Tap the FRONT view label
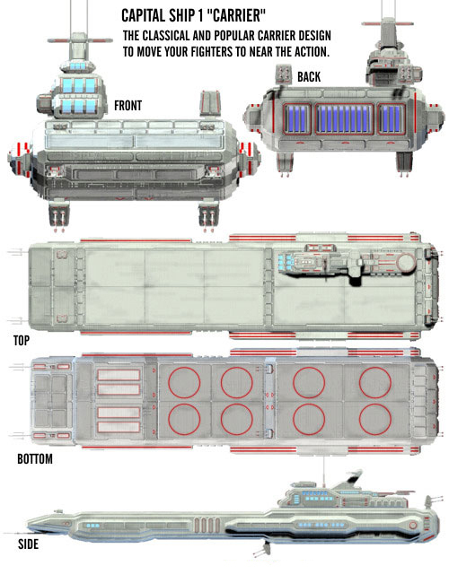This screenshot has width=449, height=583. click(128, 106)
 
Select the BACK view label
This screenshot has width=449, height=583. click(309, 77)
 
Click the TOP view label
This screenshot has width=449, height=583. click(22, 340)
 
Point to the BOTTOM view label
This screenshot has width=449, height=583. click(35, 459)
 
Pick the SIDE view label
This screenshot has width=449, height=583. click(29, 544)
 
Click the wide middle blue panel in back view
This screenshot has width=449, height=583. click(344, 119)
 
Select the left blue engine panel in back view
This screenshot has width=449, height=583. click(296, 119)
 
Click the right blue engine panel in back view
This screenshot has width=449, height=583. click(392, 119)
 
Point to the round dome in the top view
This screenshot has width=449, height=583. click(405, 262)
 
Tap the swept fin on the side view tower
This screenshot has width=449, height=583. click(348, 480)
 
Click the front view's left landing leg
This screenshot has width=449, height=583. click(59, 214)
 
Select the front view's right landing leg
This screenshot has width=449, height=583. click(208, 214)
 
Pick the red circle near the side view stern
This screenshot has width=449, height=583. click(412, 526)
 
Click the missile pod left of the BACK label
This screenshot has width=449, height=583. click(284, 74)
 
